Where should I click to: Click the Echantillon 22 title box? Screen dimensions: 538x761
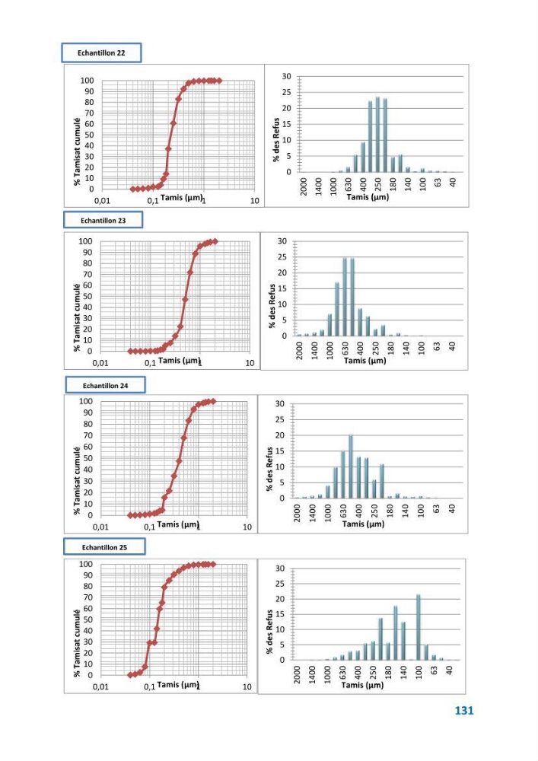coord(101,53)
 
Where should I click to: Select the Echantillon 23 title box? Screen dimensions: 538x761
coord(103,221)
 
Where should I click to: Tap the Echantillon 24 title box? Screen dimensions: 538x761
coord(105,385)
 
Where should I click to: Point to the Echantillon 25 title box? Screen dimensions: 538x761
coord(104,547)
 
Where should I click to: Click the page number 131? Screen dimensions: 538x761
coord(463,711)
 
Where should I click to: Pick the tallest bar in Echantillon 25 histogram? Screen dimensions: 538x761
coord(419,627)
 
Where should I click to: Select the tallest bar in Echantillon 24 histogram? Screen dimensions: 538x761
coord(350,466)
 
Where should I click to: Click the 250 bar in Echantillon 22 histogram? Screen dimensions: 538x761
coord(377,135)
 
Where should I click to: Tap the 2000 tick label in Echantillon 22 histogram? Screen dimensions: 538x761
coord(304,186)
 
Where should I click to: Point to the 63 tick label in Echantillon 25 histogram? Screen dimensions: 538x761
coord(435,670)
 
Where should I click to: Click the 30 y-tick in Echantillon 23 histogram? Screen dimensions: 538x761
coord(282,241)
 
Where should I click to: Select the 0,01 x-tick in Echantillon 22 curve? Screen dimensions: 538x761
coord(102,201)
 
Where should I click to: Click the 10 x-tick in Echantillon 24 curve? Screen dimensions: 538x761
coord(247,527)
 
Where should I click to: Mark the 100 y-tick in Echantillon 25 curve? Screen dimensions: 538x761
coord(86,564)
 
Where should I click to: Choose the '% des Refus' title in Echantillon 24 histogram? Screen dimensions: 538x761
coord(269,469)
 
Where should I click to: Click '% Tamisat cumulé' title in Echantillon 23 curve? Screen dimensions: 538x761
coord(77,317)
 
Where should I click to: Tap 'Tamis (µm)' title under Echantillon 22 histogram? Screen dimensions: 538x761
coord(368,197)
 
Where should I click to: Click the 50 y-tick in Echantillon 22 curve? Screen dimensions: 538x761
coord(89,135)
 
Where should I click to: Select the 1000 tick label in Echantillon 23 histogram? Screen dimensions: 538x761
coord(330,350)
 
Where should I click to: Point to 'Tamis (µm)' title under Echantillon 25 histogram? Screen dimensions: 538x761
coord(362,685)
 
